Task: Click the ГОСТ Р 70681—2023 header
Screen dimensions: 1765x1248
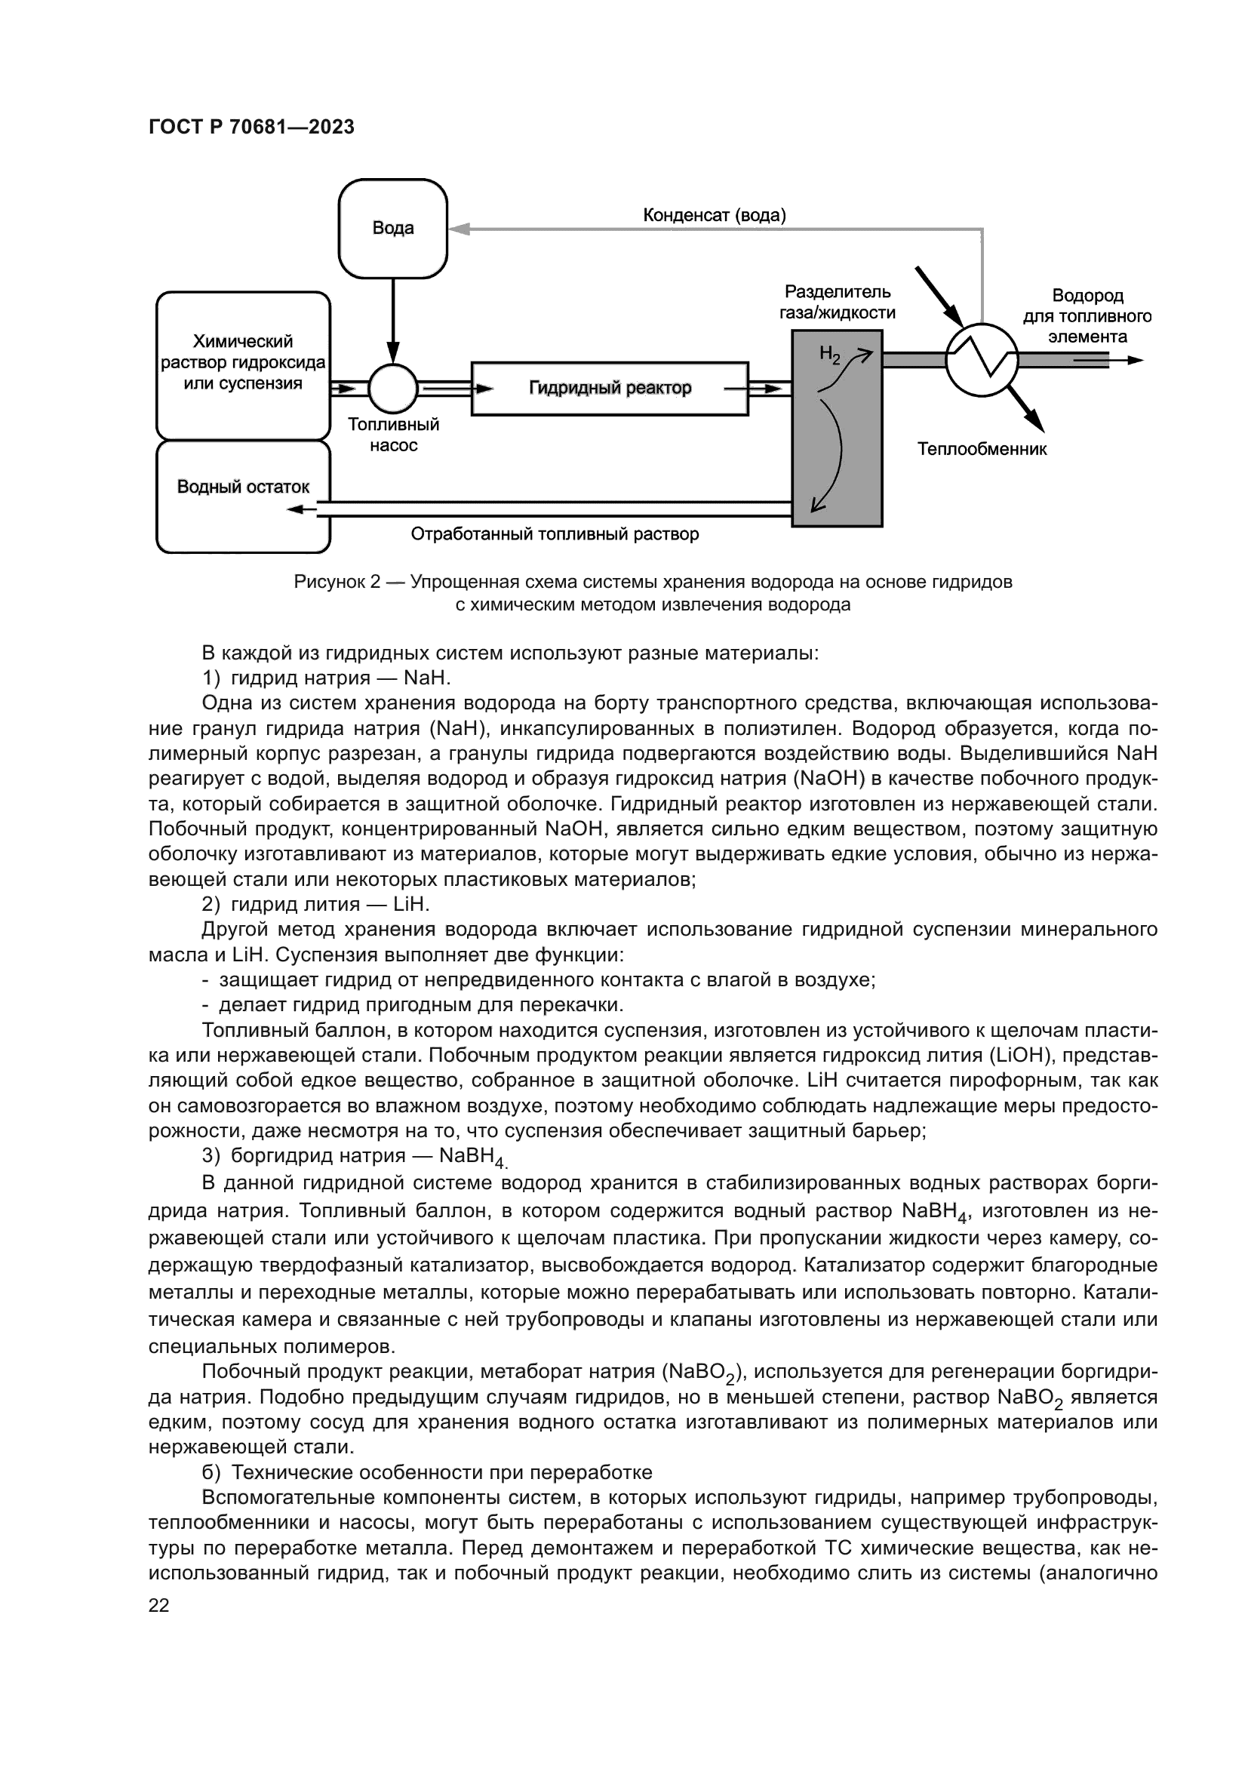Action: [251, 128]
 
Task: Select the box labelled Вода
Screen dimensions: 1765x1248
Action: [392, 229]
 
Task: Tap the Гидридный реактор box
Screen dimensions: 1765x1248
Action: [610, 388]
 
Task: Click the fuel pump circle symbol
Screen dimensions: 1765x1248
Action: [392, 388]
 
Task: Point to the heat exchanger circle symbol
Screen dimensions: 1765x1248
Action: [982, 359]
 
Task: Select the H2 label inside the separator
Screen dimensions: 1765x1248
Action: [830, 355]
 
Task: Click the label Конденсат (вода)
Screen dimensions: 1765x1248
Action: [714, 215]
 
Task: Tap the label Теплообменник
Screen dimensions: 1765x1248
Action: [982, 449]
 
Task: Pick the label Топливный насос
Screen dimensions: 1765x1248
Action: [392, 435]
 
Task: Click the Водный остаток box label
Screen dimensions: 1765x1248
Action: [243, 487]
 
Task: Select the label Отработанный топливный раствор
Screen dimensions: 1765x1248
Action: [554, 533]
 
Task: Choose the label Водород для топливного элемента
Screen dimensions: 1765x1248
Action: [1087, 316]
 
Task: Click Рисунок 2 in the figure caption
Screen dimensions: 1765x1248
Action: [337, 582]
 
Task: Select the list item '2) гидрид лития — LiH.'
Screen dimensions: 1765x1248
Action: [315, 904]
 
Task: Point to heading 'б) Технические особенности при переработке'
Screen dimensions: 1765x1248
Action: [426, 1472]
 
